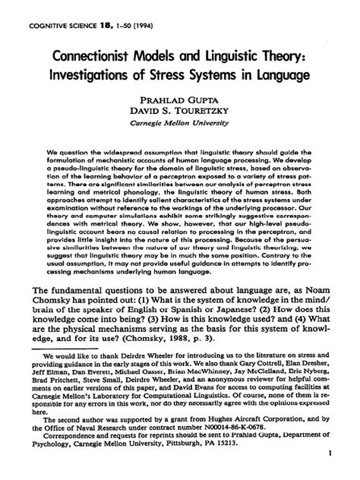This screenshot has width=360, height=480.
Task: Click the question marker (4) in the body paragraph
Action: tap(293, 331)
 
